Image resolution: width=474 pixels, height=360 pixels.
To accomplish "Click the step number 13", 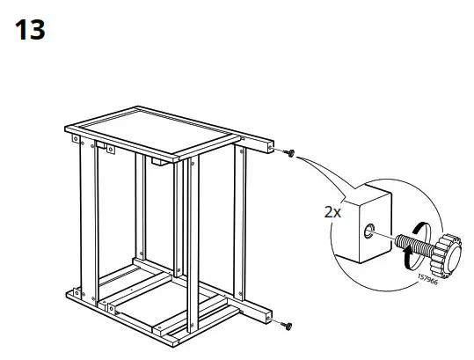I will point(30,30).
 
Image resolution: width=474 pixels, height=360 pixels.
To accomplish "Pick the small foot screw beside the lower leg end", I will point(287,326).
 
